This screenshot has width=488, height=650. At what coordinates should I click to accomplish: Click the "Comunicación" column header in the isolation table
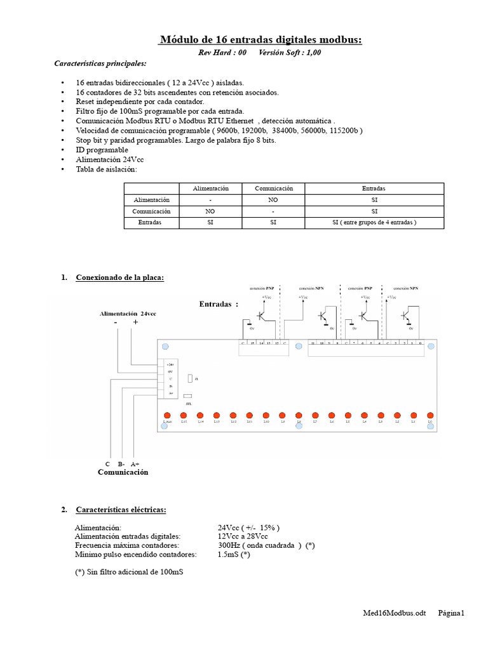point(274,189)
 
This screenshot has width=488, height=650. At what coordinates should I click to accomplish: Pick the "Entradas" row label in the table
point(151,223)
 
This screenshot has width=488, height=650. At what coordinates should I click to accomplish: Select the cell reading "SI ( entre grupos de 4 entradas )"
point(374,223)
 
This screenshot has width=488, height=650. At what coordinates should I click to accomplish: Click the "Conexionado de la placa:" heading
point(119,277)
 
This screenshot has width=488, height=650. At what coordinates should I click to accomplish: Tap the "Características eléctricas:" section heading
point(121,509)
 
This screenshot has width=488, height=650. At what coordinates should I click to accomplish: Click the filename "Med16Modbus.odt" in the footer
point(393,613)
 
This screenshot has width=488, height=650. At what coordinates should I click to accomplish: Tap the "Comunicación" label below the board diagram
point(123,472)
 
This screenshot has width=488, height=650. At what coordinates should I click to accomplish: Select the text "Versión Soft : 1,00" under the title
point(290,53)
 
